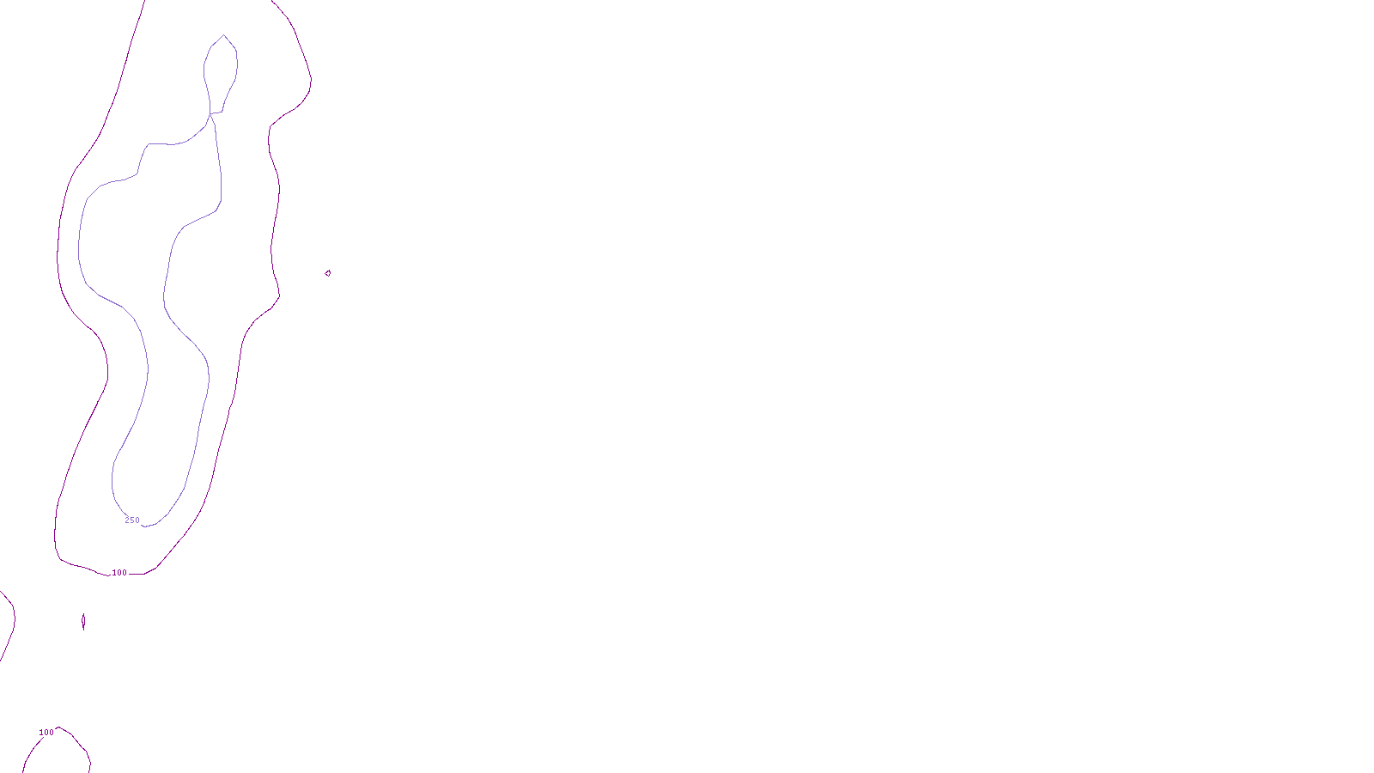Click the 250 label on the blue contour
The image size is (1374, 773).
pos(132,520)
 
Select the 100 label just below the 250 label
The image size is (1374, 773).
pos(119,573)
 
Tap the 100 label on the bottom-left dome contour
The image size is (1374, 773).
pos(46,733)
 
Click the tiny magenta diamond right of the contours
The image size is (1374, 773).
pos(328,273)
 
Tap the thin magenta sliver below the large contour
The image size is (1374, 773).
pos(83,621)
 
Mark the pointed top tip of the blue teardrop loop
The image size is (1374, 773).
pos(224,35)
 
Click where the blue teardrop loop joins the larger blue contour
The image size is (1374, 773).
pos(211,113)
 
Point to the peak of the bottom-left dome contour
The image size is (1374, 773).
pos(61,728)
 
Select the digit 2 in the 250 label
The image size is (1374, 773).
pos(127,520)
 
